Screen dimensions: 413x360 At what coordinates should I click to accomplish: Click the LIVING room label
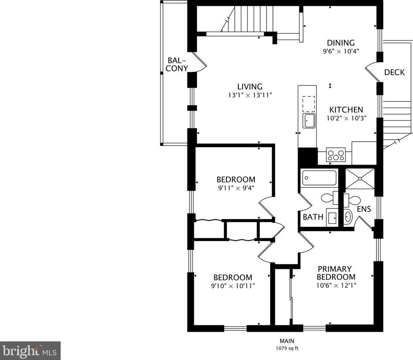coord(250,87)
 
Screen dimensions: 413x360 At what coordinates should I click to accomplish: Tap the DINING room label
coord(341,43)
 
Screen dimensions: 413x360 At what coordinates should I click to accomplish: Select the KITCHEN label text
coord(346,110)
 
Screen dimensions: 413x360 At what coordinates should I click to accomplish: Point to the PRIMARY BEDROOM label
coord(336,273)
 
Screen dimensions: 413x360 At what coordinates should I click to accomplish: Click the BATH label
coord(313,217)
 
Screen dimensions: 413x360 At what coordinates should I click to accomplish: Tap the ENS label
coord(364,209)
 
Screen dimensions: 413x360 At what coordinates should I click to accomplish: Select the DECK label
coord(394,72)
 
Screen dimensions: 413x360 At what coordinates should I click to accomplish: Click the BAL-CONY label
coord(177,65)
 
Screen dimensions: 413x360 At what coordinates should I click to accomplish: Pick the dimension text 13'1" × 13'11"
coord(250,95)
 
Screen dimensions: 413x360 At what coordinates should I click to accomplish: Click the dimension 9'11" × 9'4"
coord(236,188)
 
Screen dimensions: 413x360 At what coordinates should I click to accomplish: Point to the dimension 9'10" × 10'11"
coord(233,286)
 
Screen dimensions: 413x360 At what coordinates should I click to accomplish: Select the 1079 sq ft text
coord(287,348)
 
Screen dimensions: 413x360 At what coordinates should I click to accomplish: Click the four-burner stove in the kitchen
coord(336,155)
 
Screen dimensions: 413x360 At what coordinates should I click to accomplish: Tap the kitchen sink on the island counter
coord(309,121)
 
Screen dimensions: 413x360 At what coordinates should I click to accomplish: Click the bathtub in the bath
coord(319,178)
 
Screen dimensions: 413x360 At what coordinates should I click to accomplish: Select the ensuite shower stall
coord(360,179)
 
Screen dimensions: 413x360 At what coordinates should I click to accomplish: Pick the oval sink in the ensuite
coord(348,217)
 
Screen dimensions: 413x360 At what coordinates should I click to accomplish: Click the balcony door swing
coord(199,62)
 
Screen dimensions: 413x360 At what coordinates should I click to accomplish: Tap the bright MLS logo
coord(30,350)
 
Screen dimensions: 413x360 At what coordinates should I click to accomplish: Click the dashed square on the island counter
coord(309,104)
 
